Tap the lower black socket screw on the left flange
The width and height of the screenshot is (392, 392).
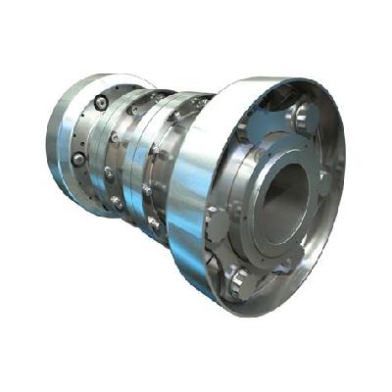tap(78, 158)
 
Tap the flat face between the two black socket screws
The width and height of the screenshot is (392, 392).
tap(88, 130)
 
